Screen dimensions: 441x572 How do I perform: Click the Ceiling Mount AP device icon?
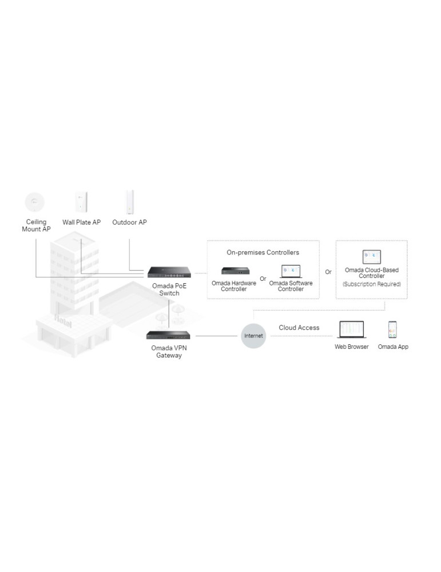(35, 202)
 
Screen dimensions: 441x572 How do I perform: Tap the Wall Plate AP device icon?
(81, 202)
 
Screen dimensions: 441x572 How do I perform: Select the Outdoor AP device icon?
(130, 202)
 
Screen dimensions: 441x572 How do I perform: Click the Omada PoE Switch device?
(169, 272)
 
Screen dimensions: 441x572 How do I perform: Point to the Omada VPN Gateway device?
(168, 335)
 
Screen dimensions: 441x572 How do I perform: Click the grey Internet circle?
(253, 336)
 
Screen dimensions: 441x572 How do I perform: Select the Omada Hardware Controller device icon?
(236, 271)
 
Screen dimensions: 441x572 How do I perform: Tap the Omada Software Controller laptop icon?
(291, 271)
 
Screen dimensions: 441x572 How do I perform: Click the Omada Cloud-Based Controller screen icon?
(372, 257)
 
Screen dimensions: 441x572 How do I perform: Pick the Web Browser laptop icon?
(352, 330)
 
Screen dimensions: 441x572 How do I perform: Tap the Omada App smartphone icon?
(392, 330)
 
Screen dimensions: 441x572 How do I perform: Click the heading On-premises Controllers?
(263, 252)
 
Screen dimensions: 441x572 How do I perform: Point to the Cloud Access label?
(299, 328)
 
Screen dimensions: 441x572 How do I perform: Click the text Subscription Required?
(372, 284)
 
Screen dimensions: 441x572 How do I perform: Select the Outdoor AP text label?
(129, 222)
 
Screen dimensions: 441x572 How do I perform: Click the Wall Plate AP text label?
(81, 222)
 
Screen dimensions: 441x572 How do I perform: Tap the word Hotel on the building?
(63, 321)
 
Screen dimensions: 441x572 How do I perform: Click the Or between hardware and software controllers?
(263, 279)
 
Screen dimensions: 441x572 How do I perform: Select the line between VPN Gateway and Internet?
(216, 336)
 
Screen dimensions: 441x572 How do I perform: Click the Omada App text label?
(393, 347)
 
